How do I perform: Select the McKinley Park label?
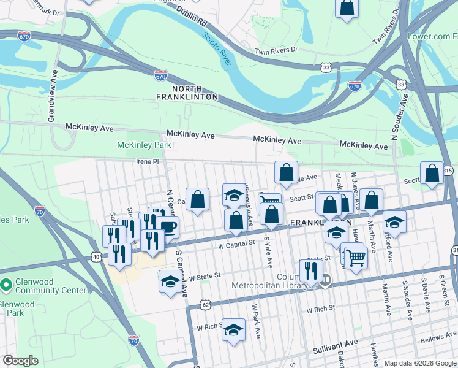click(x=143, y=145)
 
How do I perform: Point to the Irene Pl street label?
click(x=147, y=161)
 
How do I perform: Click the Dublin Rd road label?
click(x=192, y=17)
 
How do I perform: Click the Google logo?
click(x=20, y=361)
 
